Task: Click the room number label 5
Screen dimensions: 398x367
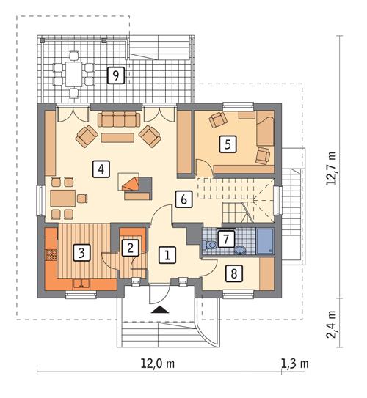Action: click(x=229, y=144)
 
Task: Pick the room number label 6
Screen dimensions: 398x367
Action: click(x=183, y=197)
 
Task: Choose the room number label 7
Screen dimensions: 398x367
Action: click(x=225, y=238)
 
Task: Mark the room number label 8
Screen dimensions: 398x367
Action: click(x=233, y=273)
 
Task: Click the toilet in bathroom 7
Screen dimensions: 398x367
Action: click(x=211, y=246)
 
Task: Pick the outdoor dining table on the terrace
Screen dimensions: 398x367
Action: click(x=73, y=73)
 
